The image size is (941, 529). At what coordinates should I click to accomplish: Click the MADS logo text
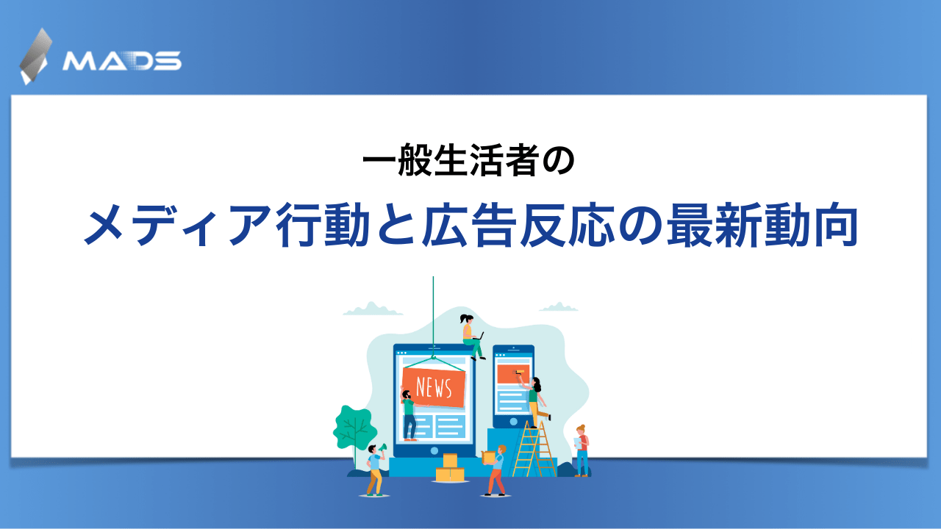point(122,60)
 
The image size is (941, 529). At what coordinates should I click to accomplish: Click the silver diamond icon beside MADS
point(36,56)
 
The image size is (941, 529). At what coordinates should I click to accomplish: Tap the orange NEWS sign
point(434,386)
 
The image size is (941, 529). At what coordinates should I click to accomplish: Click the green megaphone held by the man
point(382,447)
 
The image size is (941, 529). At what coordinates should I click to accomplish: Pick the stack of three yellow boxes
point(450,469)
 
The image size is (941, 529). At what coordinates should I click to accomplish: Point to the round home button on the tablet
point(434,450)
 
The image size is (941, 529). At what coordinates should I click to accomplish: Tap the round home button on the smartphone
point(513,422)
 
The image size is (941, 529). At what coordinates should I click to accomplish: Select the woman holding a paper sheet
point(582,450)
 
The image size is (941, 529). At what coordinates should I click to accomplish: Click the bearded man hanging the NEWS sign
point(408,414)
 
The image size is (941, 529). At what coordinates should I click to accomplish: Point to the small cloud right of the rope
point(559,307)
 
